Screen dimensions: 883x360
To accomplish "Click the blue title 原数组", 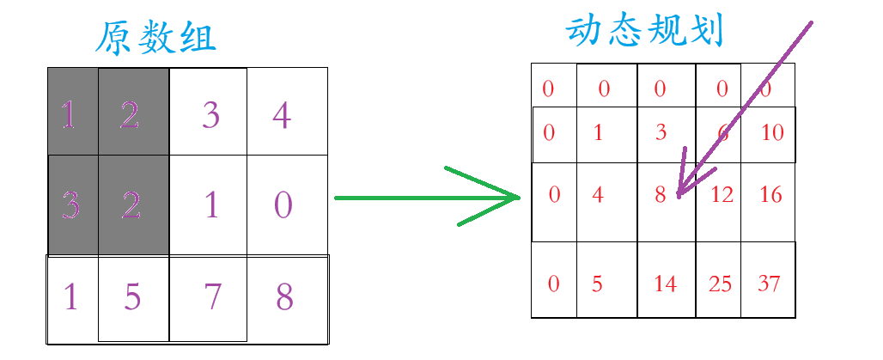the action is pyautogui.click(x=155, y=39).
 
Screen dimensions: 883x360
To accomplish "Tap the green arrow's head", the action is pyautogui.click(x=512, y=198).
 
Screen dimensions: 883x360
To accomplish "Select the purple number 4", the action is pyautogui.click(x=281, y=115).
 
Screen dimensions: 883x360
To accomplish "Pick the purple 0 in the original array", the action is pyautogui.click(x=283, y=205).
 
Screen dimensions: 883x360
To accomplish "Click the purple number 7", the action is pyautogui.click(x=211, y=296).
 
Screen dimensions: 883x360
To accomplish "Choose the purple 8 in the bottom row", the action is pyautogui.click(x=283, y=296).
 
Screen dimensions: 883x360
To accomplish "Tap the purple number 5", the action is pyautogui.click(x=131, y=296).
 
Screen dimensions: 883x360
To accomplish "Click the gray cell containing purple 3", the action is pyautogui.click(x=72, y=205).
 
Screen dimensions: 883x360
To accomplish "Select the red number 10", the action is pyautogui.click(x=772, y=133).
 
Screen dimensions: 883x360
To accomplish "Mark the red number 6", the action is pyautogui.click(x=724, y=133).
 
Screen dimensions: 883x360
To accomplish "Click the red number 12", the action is pyautogui.click(x=722, y=195).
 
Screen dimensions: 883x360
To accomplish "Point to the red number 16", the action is pyautogui.click(x=771, y=195).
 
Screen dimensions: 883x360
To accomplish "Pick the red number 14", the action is pyautogui.click(x=665, y=284).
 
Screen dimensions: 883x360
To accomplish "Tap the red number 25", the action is pyautogui.click(x=720, y=284).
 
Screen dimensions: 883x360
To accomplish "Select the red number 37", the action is pyautogui.click(x=769, y=284).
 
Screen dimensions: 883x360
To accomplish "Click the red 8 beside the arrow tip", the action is pyautogui.click(x=660, y=195).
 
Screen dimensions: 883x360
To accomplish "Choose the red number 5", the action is pyautogui.click(x=598, y=284).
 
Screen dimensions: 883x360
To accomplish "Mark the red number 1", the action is pyautogui.click(x=598, y=133).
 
